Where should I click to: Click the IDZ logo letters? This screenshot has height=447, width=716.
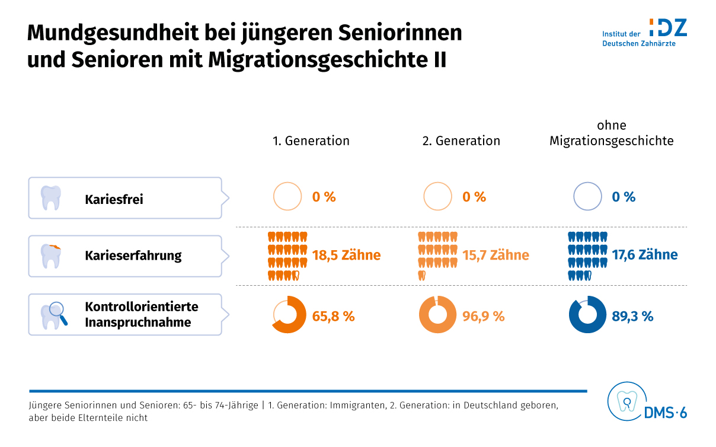click(x=667, y=27)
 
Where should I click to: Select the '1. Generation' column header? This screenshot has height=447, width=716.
click(x=311, y=141)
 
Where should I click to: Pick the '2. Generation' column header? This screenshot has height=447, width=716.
click(x=461, y=141)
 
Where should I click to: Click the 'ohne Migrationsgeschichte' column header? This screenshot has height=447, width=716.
click(x=611, y=133)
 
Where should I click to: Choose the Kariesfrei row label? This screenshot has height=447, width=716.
click(x=114, y=199)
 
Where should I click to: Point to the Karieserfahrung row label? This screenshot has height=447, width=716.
click(x=133, y=256)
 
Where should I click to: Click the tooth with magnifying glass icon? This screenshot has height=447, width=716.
click(x=53, y=315)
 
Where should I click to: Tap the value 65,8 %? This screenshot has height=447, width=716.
click(x=333, y=317)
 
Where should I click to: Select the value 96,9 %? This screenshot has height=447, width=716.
click(x=484, y=317)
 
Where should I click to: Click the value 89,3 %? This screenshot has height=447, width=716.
click(x=632, y=317)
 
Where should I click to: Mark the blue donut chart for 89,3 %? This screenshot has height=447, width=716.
click(x=587, y=314)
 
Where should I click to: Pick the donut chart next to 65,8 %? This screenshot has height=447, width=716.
click(x=289, y=314)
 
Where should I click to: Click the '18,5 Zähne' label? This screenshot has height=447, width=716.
click(x=346, y=256)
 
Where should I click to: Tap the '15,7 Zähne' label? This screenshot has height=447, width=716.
click(x=496, y=256)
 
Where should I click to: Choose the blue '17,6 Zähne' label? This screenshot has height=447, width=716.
click(x=644, y=256)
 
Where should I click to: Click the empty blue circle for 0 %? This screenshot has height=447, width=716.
click(x=587, y=196)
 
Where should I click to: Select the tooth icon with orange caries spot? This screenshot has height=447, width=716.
click(x=52, y=256)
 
